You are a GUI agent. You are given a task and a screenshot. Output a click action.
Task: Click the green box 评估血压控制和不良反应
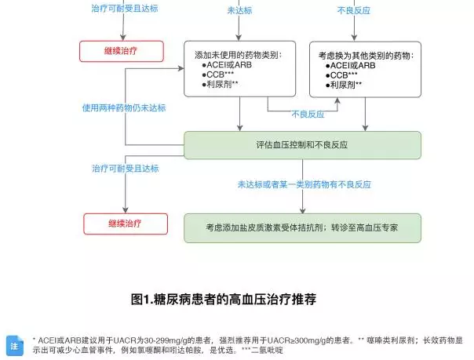[x=302, y=145]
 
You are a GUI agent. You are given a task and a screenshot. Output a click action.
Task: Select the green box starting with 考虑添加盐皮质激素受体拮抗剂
[x=302, y=227]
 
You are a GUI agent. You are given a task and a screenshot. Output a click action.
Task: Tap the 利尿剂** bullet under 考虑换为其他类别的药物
[x=345, y=84]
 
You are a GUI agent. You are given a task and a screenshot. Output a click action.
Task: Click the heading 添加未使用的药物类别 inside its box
[x=239, y=55]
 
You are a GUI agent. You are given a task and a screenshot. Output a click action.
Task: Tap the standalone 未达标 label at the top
[x=239, y=11]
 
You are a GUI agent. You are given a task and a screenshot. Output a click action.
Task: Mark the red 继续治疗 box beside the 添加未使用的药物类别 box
[x=122, y=52]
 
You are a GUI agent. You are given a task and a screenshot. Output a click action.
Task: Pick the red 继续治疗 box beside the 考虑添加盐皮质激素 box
[x=125, y=224]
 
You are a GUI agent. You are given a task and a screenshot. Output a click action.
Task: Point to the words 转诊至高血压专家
[x=364, y=227]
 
